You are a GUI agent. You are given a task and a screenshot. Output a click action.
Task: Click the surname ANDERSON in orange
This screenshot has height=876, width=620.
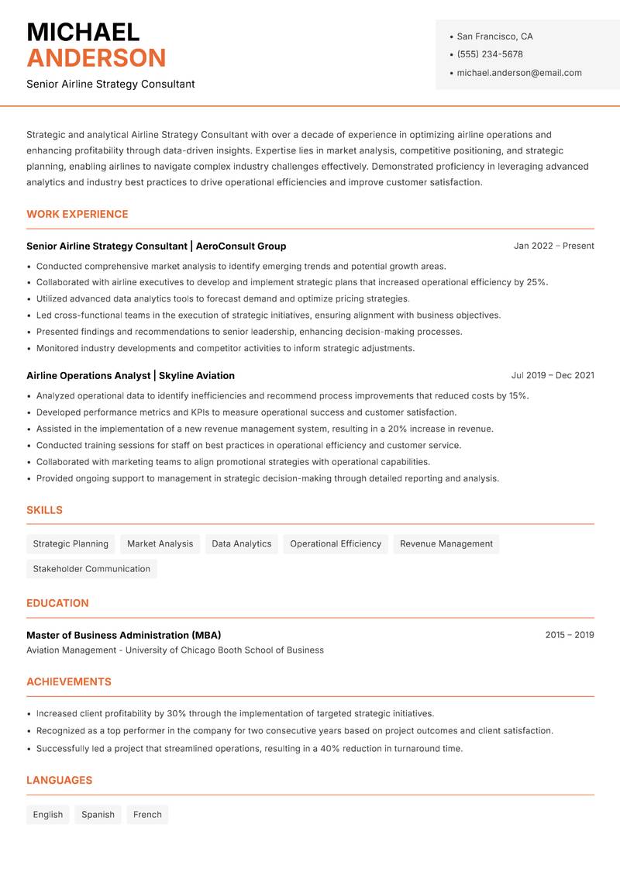[x=96, y=58]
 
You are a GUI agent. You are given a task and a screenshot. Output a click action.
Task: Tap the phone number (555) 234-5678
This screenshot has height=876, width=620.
[x=490, y=54]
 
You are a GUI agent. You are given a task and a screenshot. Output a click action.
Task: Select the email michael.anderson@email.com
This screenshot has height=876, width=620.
[x=518, y=73]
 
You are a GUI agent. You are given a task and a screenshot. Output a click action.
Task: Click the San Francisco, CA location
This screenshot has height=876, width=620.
[x=494, y=36]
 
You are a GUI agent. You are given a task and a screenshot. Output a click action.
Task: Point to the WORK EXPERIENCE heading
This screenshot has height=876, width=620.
[x=77, y=214]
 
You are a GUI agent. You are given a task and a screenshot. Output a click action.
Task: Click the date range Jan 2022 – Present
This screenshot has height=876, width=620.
[x=553, y=246]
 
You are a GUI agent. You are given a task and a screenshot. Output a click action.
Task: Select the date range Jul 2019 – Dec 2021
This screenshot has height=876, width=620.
[x=553, y=375]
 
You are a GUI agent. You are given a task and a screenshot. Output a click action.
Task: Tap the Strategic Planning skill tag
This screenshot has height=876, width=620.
[x=71, y=543]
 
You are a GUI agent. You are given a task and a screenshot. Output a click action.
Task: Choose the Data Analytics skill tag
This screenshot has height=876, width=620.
[x=242, y=543]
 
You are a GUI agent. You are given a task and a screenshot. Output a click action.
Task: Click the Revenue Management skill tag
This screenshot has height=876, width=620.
[x=446, y=543]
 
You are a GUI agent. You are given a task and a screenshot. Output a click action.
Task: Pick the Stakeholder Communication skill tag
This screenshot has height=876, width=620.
[x=91, y=568]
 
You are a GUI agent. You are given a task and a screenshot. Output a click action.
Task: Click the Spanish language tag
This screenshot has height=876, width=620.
[x=98, y=814]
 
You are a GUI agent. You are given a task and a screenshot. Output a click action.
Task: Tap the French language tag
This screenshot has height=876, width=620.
[x=147, y=814]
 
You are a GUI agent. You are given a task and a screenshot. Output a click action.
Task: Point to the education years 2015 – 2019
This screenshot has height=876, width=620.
[x=569, y=635]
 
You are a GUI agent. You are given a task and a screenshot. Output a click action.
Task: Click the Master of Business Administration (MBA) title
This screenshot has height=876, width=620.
[x=124, y=635]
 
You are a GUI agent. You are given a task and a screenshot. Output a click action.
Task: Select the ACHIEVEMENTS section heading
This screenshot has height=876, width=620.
[x=69, y=682]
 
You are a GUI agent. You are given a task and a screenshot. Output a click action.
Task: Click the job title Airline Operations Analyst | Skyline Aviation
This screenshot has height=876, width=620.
[x=130, y=375]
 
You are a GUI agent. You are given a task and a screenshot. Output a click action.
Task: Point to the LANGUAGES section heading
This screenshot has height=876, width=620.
[x=60, y=781]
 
